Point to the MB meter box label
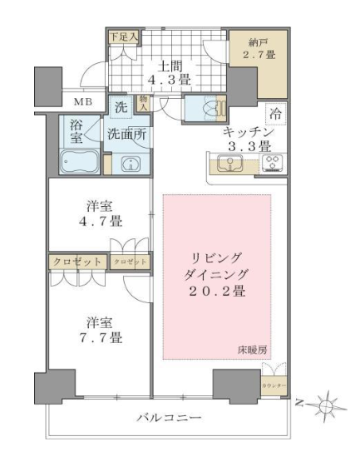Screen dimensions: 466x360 pos(83,103)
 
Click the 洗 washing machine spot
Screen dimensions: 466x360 pos(119,106)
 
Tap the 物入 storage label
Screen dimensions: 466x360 pos(144,104)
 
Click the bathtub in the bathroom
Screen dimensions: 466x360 pos(80,161)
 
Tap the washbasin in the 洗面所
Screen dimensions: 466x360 pos(130,163)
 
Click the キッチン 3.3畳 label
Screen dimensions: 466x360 pos(245,140)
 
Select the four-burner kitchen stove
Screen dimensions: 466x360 pos(272,164)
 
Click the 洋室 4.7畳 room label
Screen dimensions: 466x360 pos(100,213)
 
